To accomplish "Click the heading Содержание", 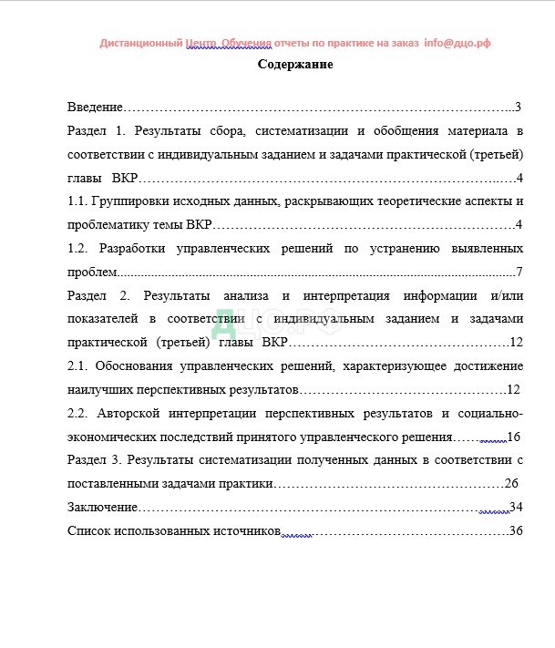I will click(x=295, y=65).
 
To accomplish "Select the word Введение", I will click(x=96, y=107).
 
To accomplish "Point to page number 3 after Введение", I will click(x=517, y=107).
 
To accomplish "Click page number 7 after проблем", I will click(x=519, y=272).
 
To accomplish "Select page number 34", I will click(x=515, y=507).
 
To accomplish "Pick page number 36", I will click(x=515, y=530).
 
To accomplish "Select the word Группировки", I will click(x=137, y=201).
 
